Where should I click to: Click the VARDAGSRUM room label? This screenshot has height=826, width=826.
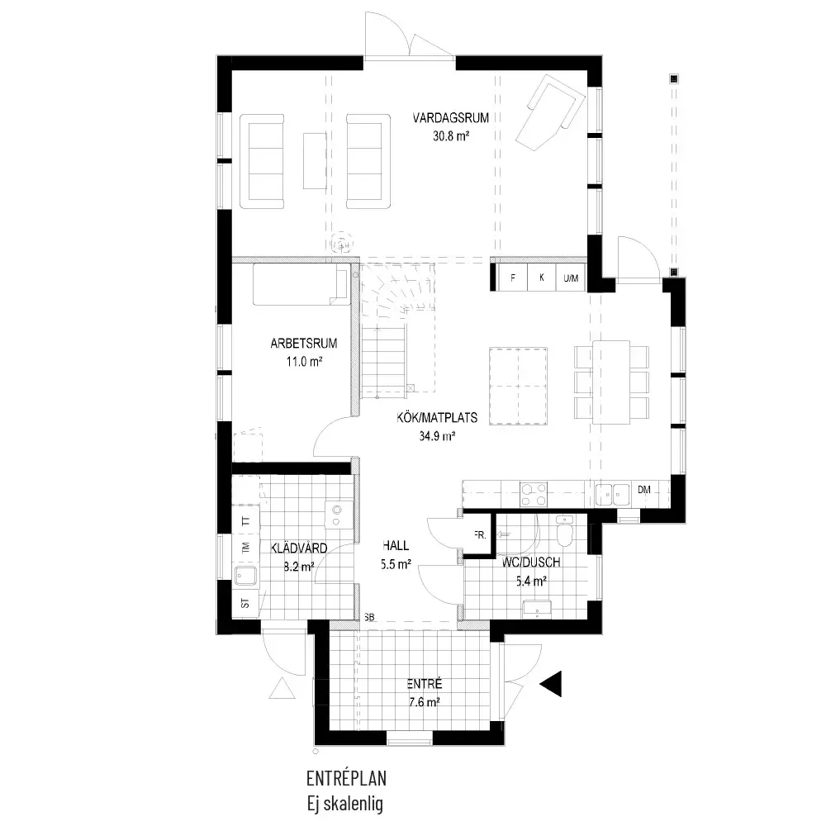450,117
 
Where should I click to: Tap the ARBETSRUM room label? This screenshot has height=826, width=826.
303,344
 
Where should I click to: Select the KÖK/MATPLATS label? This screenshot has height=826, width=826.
437,418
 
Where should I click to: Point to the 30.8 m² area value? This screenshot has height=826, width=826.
451,136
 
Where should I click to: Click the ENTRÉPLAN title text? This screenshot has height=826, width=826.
346,778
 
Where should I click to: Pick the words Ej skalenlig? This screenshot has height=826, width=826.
345,804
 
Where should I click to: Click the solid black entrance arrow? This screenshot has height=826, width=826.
551,684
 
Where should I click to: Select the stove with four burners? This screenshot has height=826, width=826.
533,494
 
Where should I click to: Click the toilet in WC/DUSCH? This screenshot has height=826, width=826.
565,532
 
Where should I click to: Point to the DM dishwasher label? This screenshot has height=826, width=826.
643,490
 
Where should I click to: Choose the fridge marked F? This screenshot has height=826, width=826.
513,278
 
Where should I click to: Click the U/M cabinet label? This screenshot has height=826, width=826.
571,278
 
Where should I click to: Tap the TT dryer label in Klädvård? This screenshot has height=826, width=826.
245,521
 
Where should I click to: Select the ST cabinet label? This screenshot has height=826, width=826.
245,603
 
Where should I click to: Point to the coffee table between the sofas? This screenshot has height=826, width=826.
315,161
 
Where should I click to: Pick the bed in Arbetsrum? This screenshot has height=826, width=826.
301,284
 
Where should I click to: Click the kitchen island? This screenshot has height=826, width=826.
518,386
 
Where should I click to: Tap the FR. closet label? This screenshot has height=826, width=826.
480,535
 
